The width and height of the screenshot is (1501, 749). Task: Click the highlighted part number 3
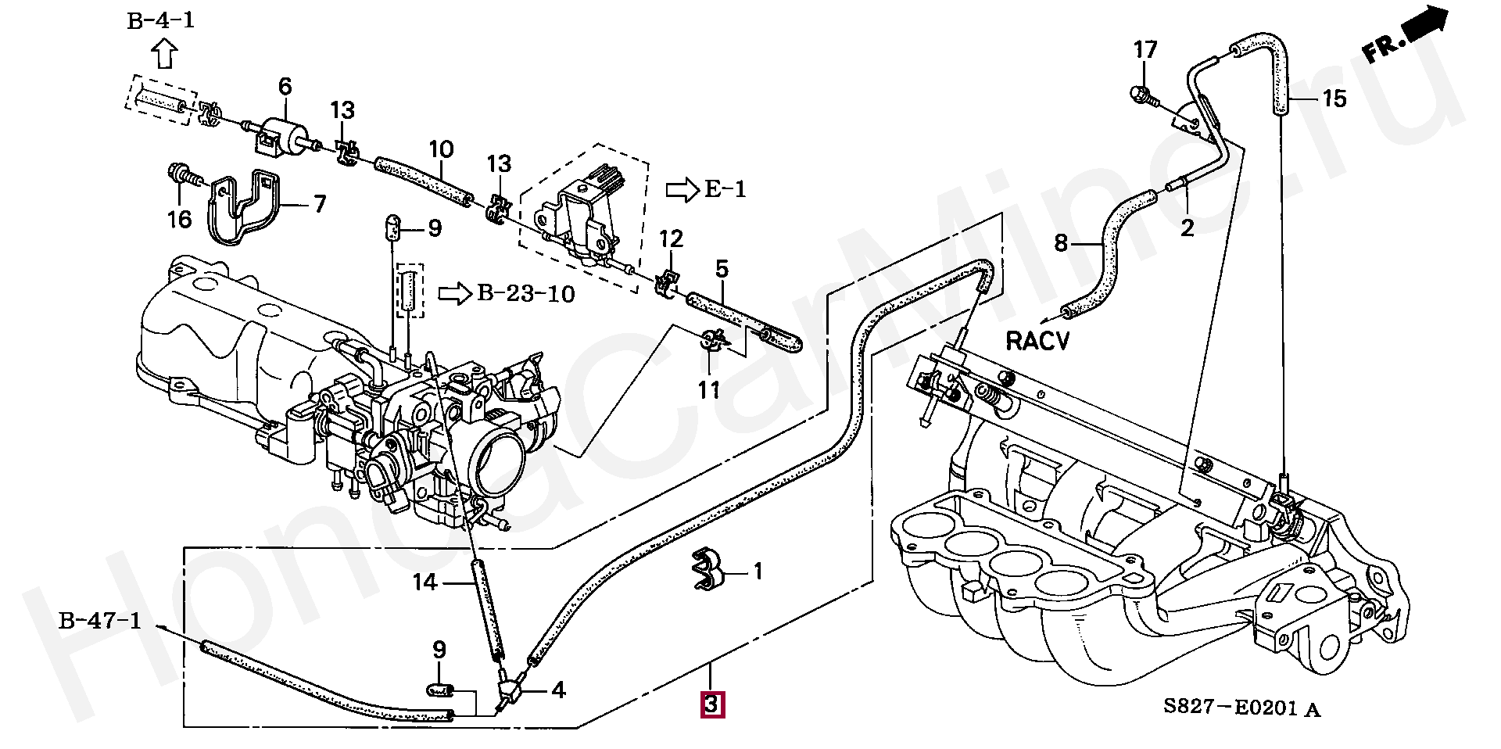pos(711,704)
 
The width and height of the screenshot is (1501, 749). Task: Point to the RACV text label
pos(1037,342)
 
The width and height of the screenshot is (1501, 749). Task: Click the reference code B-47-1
pos(100,623)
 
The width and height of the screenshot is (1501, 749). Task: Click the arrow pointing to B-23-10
pos(454,294)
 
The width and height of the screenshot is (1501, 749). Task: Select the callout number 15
pos(1335,99)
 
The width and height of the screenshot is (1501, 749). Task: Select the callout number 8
pos(1060,243)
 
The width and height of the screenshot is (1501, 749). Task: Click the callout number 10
pos(441,149)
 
